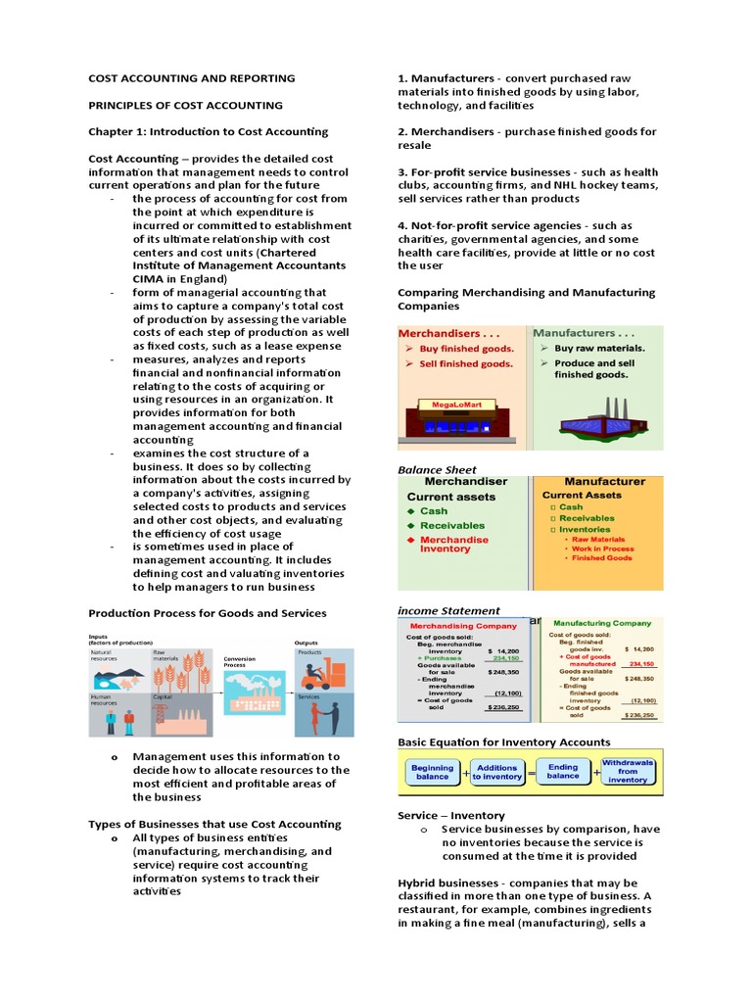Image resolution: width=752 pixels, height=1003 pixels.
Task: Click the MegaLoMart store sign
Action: click(x=449, y=404)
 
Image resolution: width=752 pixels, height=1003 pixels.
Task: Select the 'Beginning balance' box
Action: click(x=432, y=773)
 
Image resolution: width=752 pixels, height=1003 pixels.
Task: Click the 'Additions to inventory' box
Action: click(x=497, y=773)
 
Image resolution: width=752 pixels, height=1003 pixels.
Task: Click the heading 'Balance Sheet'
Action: click(x=437, y=469)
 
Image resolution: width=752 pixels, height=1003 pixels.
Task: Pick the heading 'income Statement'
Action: click(x=448, y=610)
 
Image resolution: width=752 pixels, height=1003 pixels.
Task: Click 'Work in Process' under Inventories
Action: click(x=602, y=549)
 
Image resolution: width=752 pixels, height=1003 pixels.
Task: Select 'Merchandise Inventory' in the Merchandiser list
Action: click(x=453, y=545)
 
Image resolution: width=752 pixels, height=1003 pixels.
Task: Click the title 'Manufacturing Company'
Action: click(x=601, y=623)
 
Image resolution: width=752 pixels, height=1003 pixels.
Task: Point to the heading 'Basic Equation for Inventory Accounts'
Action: click(x=503, y=741)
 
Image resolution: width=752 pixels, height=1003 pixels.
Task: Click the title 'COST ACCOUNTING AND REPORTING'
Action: click(x=191, y=78)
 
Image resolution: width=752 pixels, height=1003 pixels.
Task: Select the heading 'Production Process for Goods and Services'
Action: click(x=208, y=613)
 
